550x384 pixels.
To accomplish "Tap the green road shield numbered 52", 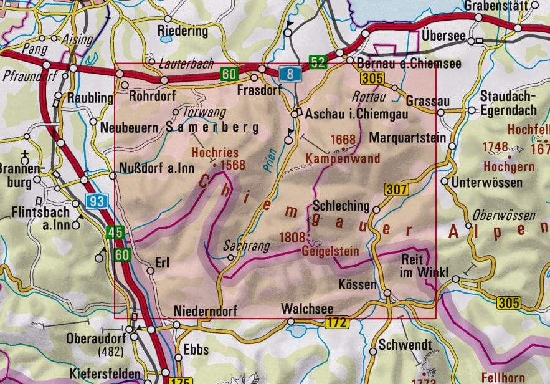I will pyautogui.click(x=318, y=62).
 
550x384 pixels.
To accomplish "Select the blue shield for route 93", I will pyautogui.click(x=97, y=201).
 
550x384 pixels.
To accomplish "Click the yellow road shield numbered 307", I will pyautogui.click(x=396, y=190).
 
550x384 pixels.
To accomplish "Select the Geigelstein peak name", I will pyautogui.click(x=325, y=252).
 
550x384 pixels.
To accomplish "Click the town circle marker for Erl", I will pyautogui.click(x=150, y=271).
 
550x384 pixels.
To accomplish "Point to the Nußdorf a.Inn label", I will pyautogui.click(x=156, y=168).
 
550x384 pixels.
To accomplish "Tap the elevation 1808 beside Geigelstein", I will pyautogui.click(x=293, y=237).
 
